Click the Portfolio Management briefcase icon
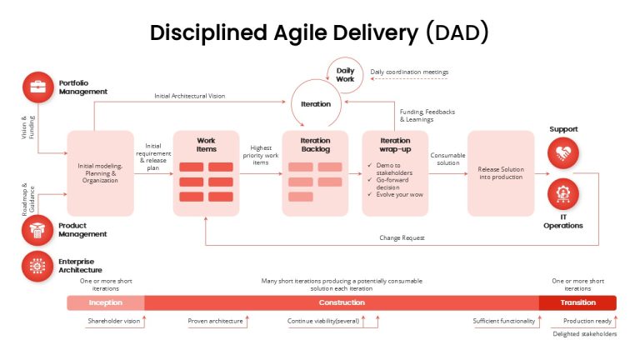coord(38,87)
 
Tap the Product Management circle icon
coord(37,230)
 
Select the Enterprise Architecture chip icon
coord(37,266)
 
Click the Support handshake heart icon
coord(562,153)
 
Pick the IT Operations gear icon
coord(562,194)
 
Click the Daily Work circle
coord(345,75)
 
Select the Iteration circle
coord(316,103)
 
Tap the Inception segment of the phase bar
coord(106,302)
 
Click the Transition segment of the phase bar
coord(577,302)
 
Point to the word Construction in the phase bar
coord(342,302)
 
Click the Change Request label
coord(402,238)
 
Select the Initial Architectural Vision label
coord(189,96)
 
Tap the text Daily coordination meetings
coord(409,72)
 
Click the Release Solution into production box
coord(501,173)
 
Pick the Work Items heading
coord(206,144)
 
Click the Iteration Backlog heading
coord(316,144)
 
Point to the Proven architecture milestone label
coord(215,321)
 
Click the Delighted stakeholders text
coord(584,334)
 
